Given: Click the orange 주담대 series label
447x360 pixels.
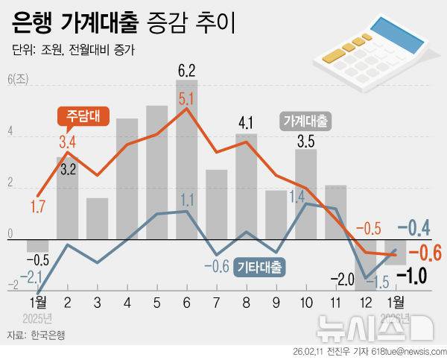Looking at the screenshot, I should (83, 116).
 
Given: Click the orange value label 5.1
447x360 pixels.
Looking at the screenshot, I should (186, 98).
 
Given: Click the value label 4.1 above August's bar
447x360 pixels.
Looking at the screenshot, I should (247, 121).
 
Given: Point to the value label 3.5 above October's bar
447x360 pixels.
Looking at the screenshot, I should (305, 140).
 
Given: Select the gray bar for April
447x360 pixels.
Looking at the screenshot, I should (127, 179).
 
